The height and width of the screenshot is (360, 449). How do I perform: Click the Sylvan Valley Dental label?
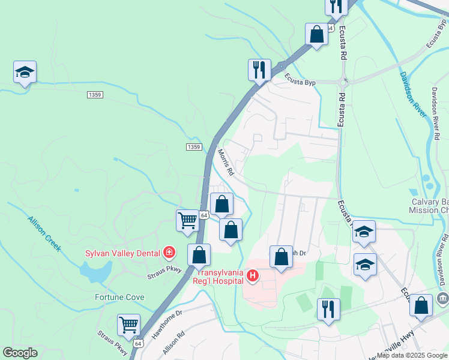(x=121, y=253)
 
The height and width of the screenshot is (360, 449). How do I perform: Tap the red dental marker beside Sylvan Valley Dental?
(x=169, y=252)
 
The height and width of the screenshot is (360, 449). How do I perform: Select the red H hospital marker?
(x=253, y=276)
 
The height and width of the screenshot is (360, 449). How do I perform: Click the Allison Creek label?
(x=44, y=233)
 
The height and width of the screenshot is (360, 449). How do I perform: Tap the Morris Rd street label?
(x=226, y=162)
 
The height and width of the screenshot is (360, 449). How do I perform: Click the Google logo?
(x=20, y=353)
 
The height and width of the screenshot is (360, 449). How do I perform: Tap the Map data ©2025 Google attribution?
(x=412, y=355)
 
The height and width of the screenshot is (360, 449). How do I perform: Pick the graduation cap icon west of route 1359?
(x=25, y=72)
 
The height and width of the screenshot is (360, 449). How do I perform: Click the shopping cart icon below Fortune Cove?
(x=128, y=325)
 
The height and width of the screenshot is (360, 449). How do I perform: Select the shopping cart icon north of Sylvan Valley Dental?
(x=187, y=220)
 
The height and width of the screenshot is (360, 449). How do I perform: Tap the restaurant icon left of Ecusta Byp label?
(x=259, y=70)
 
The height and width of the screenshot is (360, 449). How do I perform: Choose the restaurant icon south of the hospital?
(x=328, y=308)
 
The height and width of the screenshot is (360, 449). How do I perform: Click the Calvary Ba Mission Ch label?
(x=429, y=206)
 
